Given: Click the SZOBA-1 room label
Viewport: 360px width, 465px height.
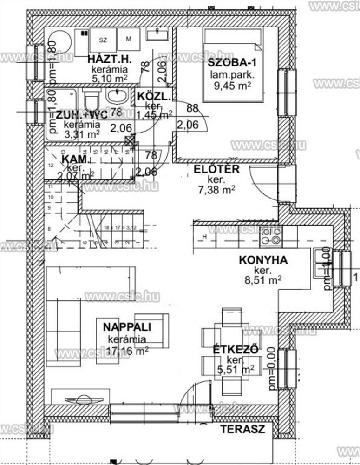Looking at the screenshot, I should pyautogui.click(x=230, y=64).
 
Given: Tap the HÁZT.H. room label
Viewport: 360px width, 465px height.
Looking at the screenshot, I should pyautogui.click(x=110, y=60).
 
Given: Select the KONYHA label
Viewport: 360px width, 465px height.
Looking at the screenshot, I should pyautogui.click(x=263, y=260).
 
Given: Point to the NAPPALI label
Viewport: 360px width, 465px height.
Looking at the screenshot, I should pyautogui.click(x=126, y=327).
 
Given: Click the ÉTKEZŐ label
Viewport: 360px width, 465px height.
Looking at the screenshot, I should pyautogui.click(x=236, y=350).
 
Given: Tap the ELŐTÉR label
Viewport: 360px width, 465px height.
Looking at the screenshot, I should pyautogui.click(x=217, y=169).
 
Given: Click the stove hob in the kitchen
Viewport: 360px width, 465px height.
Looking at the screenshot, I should pyautogui.click(x=271, y=237).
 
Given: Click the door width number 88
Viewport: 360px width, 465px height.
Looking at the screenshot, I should pyautogui.click(x=192, y=108).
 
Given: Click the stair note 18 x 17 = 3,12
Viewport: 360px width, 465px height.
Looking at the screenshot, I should pyautogui.click(x=119, y=228).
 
